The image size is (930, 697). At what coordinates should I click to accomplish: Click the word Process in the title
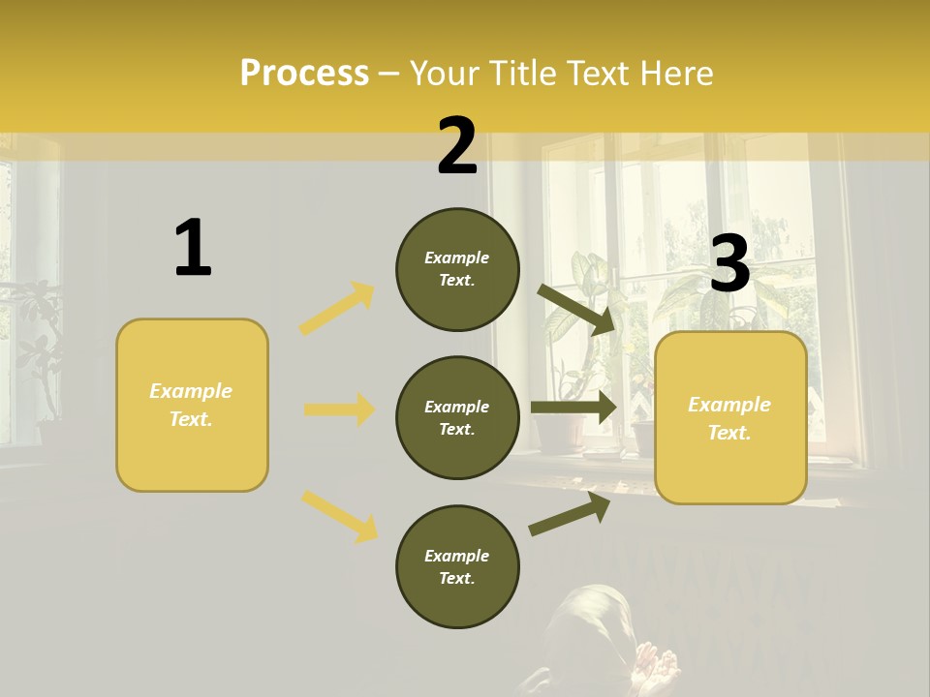pyautogui.click(x=304, y=74)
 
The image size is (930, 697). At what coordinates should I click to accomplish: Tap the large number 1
pyautogui.click(x=193, y=249)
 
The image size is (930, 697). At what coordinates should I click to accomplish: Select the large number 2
pyautogui.click(x=457, y=146)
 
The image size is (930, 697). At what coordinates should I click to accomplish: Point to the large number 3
pyautogui.click(x=729, y=264)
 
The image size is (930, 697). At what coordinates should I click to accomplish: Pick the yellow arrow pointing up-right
pyautogui.click(x=337, y=309)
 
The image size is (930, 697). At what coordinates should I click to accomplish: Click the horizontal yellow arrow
pyautogui.click(x=339, y=409)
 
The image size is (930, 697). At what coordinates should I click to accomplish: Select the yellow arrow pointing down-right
pyautogui.click(x=339, y=515)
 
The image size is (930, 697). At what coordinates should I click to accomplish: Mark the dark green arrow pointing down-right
pyautogui.click(x=575, y=308)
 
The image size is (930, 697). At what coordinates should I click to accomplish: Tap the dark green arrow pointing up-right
pyautogui.click(x=570, y=514)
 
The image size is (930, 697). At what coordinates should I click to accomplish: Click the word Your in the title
pyautogui.click(x=445, y=74)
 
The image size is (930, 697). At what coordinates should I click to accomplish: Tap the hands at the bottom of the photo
pyautogui.click(x=654, y=668)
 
